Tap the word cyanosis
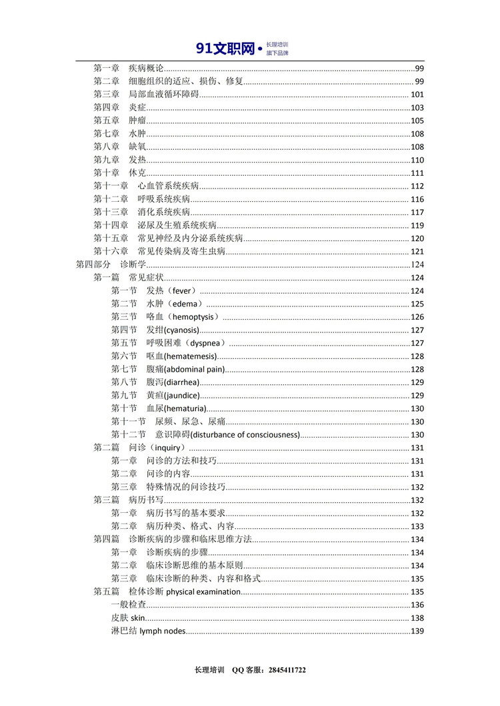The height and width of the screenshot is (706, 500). click(x=181, y=330)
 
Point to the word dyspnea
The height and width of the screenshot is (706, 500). click(x=205, y=343)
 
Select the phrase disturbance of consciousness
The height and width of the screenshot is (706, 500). click(x=245, y=435)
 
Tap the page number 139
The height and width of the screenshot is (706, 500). click(x=418, y=631)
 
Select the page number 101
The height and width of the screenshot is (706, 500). click(x=418, y=95)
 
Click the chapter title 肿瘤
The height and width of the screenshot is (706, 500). click(x=137, y=121)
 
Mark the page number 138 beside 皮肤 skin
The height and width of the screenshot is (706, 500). click(x=418, y=618)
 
